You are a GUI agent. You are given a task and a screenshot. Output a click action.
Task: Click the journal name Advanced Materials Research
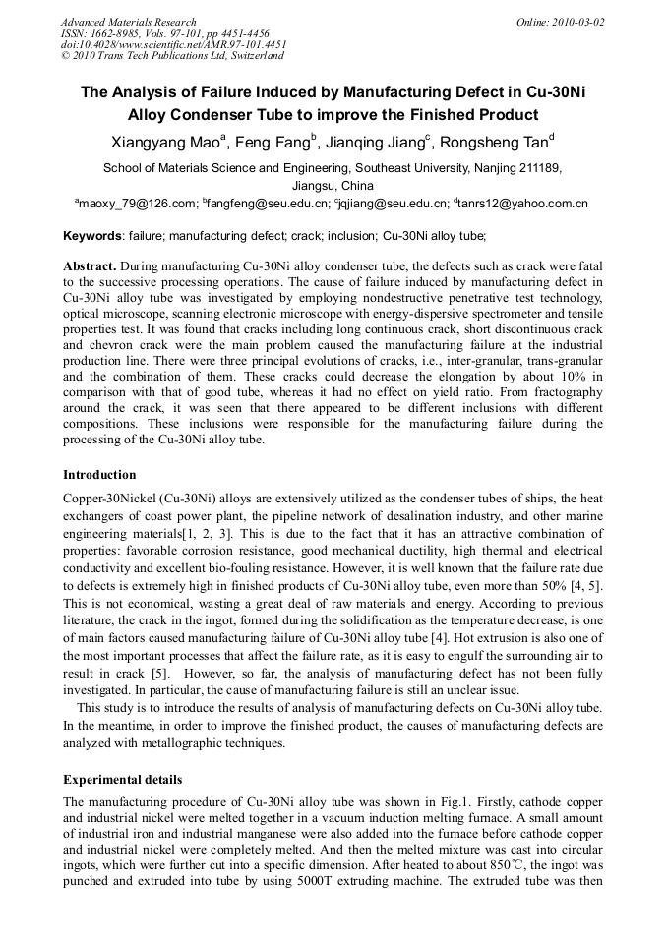click(128, 22)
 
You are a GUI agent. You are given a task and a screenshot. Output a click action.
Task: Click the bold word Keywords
click(92, 236)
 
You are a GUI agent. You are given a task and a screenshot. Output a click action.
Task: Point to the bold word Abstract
click(91, 266)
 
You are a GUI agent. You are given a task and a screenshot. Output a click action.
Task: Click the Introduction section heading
click(99, 475)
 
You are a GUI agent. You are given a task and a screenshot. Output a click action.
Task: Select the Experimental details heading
click(122, 780)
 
